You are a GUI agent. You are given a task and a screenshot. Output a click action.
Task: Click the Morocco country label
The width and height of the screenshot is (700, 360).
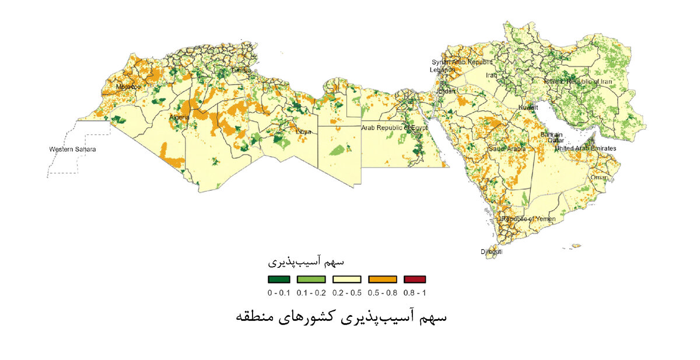(128, 87)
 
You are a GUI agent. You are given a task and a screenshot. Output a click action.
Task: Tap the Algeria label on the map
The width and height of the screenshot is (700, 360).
(179, 117)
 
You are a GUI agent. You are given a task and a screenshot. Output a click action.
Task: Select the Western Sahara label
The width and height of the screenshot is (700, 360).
(72, 149)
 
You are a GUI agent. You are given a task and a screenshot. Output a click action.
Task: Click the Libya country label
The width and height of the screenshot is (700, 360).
(303, 132)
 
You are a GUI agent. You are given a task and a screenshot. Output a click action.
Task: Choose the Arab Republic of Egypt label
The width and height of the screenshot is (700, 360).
(394, 127)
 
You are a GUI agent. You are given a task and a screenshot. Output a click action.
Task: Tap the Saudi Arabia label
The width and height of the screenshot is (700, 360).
(507, 149)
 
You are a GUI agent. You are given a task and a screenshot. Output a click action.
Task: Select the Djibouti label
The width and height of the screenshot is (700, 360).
(491, 252)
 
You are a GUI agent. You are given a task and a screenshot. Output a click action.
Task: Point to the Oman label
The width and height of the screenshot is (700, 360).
(598, 177)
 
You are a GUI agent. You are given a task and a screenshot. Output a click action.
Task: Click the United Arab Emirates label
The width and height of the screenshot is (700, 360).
(585, 149)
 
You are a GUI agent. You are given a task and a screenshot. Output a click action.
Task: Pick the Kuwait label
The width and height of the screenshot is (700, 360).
(529, 109)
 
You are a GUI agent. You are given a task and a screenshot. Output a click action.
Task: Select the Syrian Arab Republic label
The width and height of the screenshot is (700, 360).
(462, 62)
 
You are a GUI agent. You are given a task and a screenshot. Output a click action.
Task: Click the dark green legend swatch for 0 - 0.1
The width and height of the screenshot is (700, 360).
(279, 279)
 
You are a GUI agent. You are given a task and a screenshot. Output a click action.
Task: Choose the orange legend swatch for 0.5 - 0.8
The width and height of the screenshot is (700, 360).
(382, 279)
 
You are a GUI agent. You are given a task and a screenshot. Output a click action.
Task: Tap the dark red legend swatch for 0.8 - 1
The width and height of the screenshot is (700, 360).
(415, 279)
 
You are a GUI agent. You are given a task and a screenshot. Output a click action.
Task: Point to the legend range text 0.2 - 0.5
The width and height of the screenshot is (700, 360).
(345, 292)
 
